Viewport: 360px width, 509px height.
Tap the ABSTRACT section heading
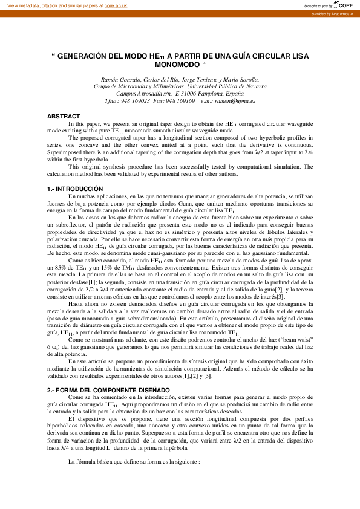[63, 116]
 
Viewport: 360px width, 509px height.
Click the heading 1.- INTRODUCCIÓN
[75, 189]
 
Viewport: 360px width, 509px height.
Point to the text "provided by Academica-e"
[332, 13]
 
